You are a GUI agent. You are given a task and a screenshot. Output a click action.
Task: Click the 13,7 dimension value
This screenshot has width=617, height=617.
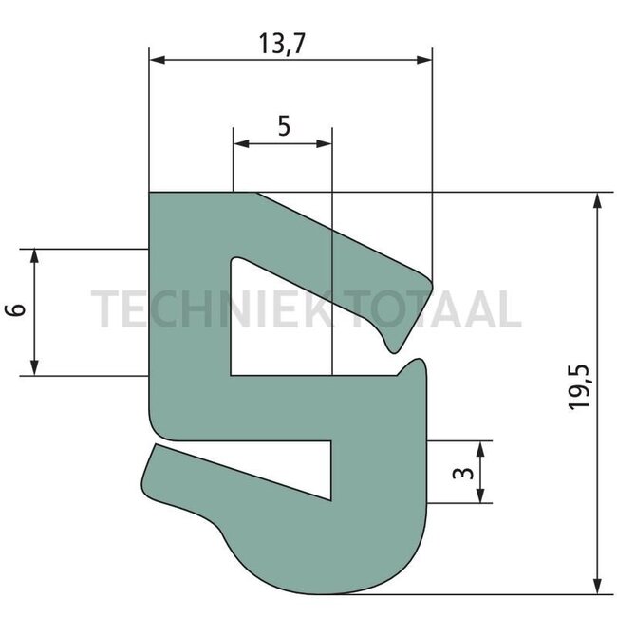tap(287, 42)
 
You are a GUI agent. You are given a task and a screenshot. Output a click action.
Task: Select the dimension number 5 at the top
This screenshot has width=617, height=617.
tap(284, 126)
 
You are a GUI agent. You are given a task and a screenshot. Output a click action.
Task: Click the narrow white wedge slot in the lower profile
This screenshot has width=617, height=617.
tap(304, 470)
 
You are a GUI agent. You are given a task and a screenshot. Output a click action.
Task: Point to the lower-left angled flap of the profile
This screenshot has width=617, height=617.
tap(180, 484)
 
